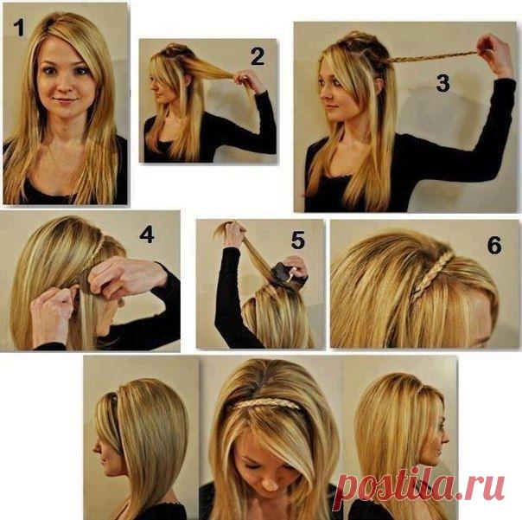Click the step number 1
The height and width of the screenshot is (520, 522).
coord(19,28)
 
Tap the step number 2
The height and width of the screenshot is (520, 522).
coord(258,56)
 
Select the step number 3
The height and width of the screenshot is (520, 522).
coord(442,83)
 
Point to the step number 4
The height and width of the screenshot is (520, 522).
coord(147,234)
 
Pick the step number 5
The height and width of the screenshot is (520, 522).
coord(298,241)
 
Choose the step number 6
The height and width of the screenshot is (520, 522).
coord(494,245)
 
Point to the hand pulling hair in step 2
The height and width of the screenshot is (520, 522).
coord(247,80)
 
